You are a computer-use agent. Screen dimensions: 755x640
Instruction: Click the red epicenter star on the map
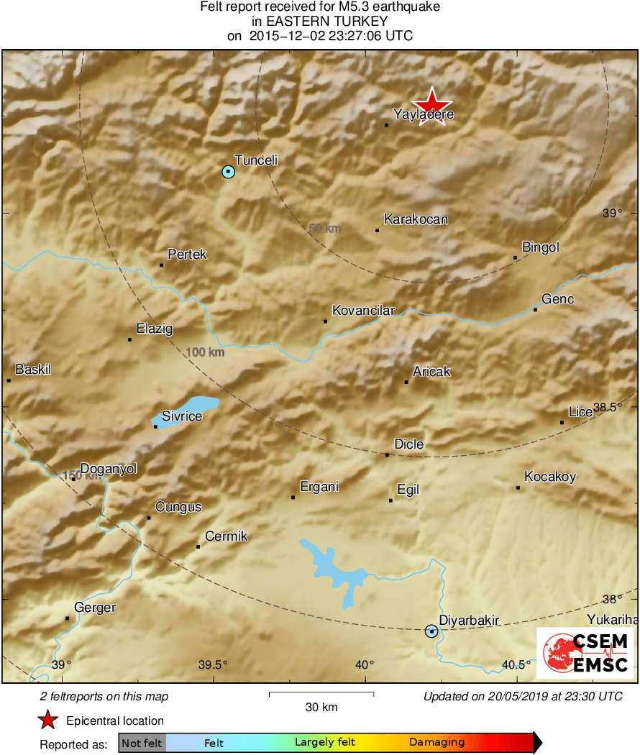[x=432, y=106]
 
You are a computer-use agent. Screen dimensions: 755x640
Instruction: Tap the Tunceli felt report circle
[x=228, y=172]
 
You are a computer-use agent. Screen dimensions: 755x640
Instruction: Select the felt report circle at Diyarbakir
[x=431, y=631]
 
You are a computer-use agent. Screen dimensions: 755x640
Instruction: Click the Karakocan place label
[x=416, y=219]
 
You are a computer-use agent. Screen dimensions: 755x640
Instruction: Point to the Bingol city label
[x=540, y=247]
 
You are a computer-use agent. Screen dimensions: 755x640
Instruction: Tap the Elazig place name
[x=155, y=329]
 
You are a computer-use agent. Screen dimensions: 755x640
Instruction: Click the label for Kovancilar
[x=363, y=311]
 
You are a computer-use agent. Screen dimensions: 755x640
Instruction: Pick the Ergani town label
[x=319, y=487]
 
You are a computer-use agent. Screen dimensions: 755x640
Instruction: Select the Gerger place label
[x=95, y=608]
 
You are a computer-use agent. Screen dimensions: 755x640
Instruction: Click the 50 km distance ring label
[x=324, y=229]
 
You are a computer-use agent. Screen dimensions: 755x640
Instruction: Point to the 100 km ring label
[x=206, y=352]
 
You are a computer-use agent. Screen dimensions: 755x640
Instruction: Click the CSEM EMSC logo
[x=585, y=653]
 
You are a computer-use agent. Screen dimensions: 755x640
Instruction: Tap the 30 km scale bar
[x=321, y=694]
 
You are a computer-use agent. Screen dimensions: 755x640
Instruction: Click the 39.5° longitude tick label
[x=213, y=664]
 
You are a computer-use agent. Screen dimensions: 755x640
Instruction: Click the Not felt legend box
[x=142, y=743]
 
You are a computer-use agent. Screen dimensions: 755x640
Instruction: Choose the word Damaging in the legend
[x=436, y=743]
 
